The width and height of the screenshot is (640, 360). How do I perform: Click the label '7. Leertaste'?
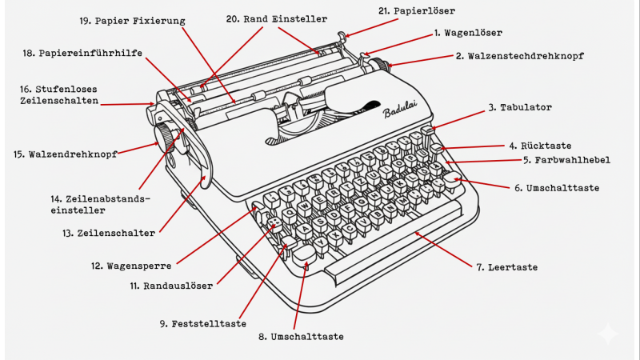coord(506,266)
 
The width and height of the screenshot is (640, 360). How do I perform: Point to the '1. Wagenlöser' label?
coord(468,33)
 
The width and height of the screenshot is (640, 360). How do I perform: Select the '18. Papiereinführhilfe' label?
coord(83,53)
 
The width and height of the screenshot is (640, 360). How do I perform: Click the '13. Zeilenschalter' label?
coord(116,233)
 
